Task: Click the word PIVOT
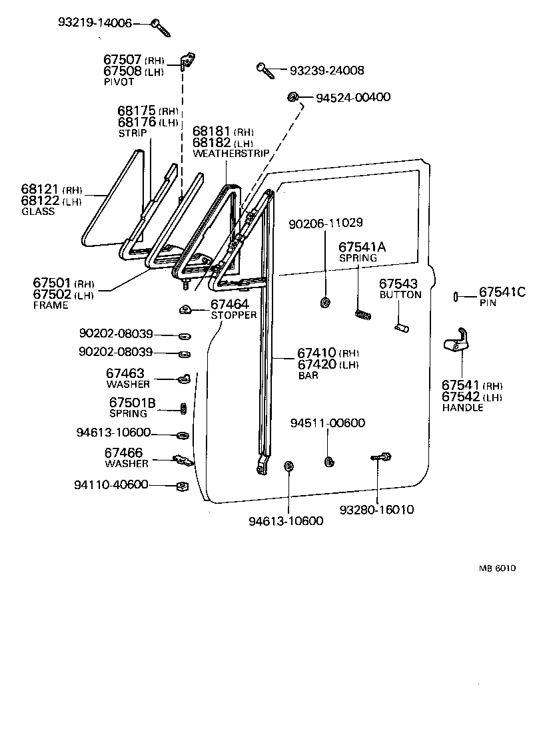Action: tap(119, 82)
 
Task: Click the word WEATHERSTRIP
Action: tap(231, 153)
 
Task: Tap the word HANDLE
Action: tap(462, 407)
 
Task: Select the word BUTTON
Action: tap(400, 295)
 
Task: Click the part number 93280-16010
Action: tap(376, 510)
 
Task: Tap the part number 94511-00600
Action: tap(327, 423)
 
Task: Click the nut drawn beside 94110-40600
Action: tap(180, 486)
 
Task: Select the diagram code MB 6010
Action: tap(497, 568)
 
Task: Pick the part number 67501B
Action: tap(132, 403)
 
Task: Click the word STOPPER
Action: tap(234, 315)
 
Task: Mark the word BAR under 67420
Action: tap(308, 375)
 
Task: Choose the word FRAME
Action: tap(51, 305)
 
